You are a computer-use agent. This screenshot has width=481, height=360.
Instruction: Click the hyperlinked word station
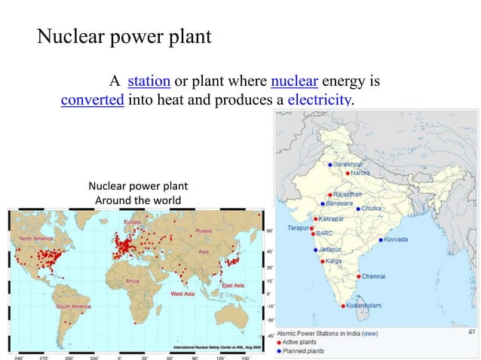pos(149,81)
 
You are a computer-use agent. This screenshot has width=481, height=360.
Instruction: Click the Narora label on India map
pos(360,173)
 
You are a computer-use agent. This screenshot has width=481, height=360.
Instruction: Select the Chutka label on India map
pos(372,208)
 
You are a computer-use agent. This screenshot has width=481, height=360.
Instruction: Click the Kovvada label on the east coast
pos(396,239)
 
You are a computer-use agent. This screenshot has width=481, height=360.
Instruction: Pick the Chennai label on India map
pos(373,276)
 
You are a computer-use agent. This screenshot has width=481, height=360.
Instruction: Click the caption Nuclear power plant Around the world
pos(138,193)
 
